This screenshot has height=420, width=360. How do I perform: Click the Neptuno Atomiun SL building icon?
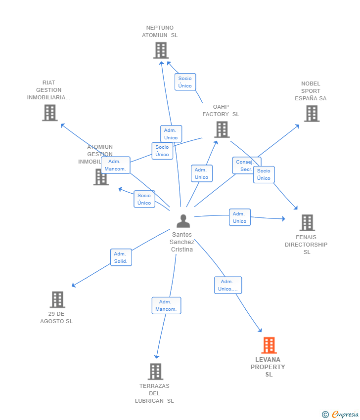pyautogui.click(x=161, y=50)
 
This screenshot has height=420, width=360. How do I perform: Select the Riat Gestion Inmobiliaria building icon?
pyautogui.click(x=49, y=113)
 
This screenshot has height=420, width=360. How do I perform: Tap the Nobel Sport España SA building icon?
pyautogui.click(x=311, y=114)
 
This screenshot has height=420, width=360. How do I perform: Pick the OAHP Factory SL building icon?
pyautogui.click(x=222, y=129)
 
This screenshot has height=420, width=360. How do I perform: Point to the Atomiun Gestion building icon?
pyautogui.click(x=101, y=177)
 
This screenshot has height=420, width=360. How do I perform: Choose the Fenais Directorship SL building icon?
pyautogui.click(x=307, y=223)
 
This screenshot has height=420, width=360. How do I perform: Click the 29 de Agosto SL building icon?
pyautogui.click(x=57, y=299)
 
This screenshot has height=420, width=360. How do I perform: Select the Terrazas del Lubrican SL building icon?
pyautogui.click(x=155, y=372)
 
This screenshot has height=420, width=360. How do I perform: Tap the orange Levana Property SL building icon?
pyautogui.click(x=269, y=345)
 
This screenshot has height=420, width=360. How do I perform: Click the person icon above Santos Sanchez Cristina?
pyautogui.click(x=183, y=221)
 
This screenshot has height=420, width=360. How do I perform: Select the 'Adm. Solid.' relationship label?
pyautogui.click(x=121, y=257)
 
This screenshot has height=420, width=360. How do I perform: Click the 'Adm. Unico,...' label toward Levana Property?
pyautogui.click(x=228, y=285)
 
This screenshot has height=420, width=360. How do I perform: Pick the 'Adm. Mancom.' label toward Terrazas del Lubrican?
pyautogui.click(x=166, y=305)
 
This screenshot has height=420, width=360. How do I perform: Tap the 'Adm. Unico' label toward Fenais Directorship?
pyautogui.click(x=240, y=217)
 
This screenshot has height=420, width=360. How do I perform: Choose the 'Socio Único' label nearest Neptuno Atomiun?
pyautogui.click(x=185, y=82)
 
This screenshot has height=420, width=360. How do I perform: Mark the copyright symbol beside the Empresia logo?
pyautogui.click(x=325, y=415)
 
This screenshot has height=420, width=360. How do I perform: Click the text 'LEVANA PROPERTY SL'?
pyautogui.click(x=268, y=367)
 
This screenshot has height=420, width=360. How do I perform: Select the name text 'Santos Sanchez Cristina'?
pyautogui.click(x=182, y=242)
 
